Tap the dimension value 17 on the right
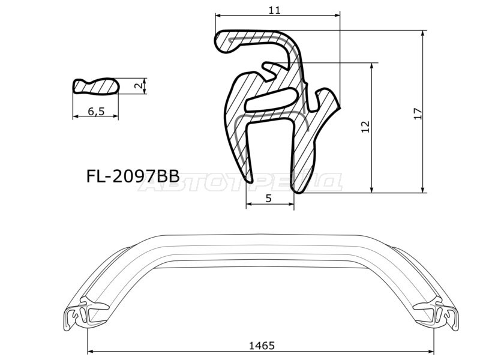point(418,113)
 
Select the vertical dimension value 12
point(365,126)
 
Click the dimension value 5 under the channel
point(269,199)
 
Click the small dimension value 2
point(139,86)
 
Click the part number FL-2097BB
point(133,176)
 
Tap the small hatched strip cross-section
point(96,86)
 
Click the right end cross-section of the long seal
point(445,314)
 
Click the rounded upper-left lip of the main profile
point(224,42)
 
